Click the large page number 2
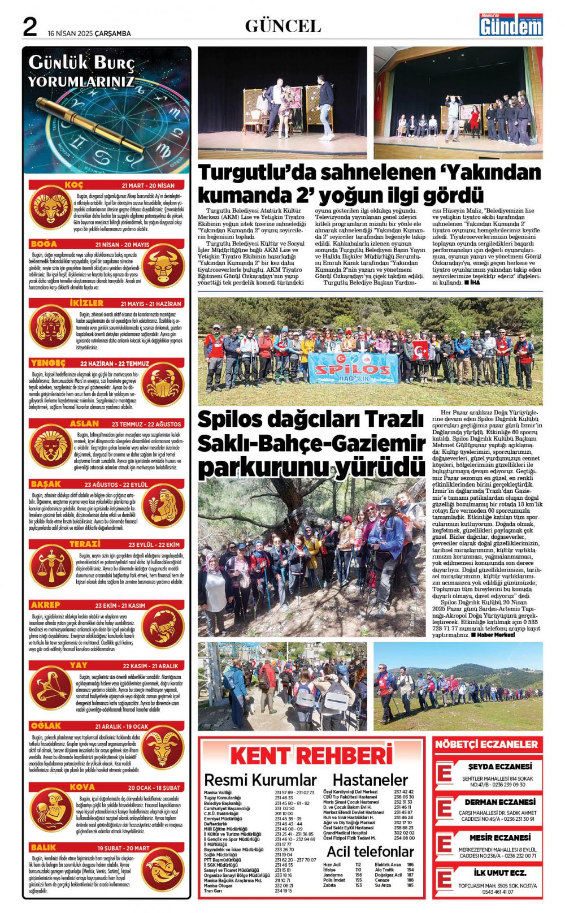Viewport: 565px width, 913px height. pos(29,27)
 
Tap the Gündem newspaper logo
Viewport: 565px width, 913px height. pos(511,25)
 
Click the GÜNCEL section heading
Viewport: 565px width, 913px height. pos(282,26)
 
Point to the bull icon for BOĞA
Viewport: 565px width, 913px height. pos(163,266)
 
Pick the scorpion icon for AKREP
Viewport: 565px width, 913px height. pos(163,627)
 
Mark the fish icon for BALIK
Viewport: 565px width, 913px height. pos(163,869)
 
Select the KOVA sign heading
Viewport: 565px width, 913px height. pos(82,787)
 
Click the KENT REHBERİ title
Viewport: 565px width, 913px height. pos(311,756)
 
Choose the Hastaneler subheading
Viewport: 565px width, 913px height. pos(370,780)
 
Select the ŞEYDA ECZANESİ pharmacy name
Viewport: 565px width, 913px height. pos(500,767)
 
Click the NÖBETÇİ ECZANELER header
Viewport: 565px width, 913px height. pos(486,745)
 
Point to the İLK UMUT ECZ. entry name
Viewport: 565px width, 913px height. pos(500,873)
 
